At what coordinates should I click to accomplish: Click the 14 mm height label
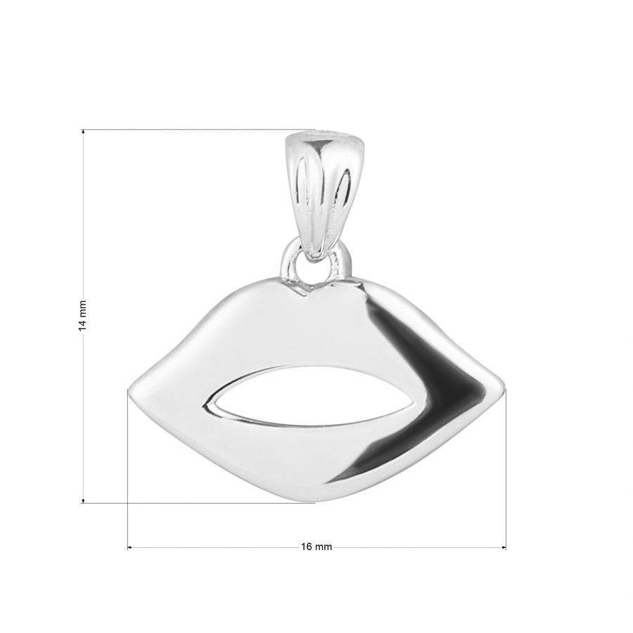[83, 315]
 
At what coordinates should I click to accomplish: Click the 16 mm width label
[316, 546]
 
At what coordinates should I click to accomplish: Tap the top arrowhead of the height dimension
[83, 132]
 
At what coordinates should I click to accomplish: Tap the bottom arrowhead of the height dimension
[83, 500]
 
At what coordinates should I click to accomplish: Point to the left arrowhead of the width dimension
[130, 547]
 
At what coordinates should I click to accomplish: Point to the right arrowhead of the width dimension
[504, 547]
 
